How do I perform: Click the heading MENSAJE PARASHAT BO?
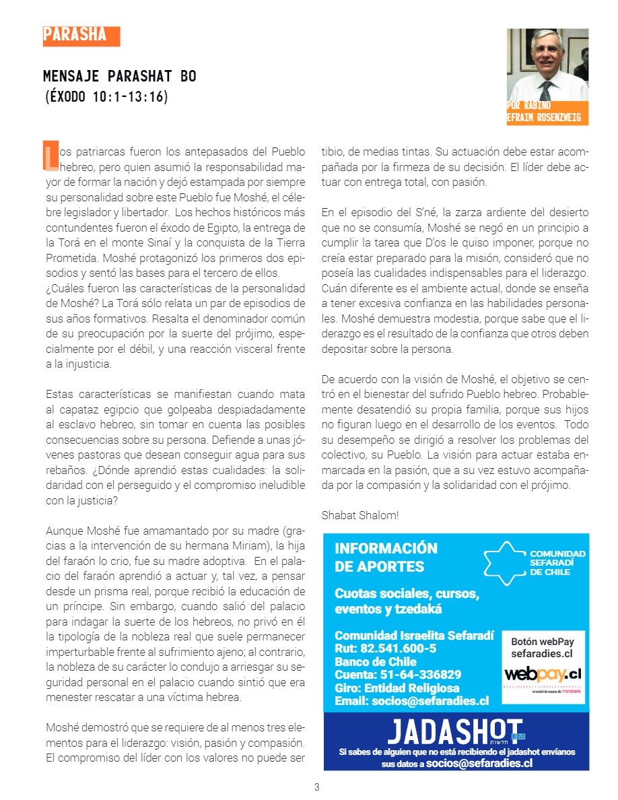pos(120,76)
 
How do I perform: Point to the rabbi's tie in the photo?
pos(545,89)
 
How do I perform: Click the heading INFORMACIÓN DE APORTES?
pos(386,557)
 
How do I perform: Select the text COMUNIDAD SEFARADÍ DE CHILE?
pos(557,562)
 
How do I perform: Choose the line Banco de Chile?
pos(376,661)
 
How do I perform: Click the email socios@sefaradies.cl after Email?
pos(430,700)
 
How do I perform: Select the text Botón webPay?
pos(542,642)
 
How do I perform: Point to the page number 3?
pos(316,787)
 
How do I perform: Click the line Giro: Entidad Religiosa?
pos(397,688)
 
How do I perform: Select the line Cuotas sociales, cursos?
pos(407,594)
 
